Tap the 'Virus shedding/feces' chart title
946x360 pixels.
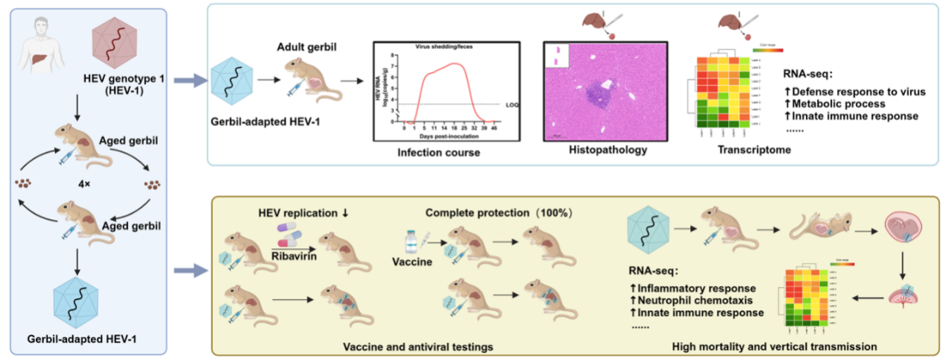[445, 46]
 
